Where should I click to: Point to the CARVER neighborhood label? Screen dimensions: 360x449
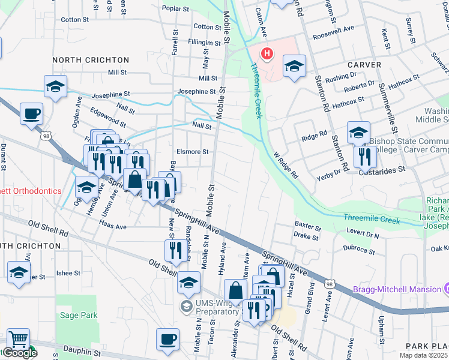click(363, 64)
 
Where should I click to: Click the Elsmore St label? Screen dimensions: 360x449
click(193, 152)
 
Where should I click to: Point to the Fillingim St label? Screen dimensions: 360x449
click(205, 43)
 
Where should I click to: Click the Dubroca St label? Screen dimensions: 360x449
click(360, 247)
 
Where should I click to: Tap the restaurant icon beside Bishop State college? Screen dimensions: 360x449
click(365, 157)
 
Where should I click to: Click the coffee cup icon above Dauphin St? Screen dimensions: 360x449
click(167, 338)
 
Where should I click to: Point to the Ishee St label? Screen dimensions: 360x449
click(68, 273)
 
